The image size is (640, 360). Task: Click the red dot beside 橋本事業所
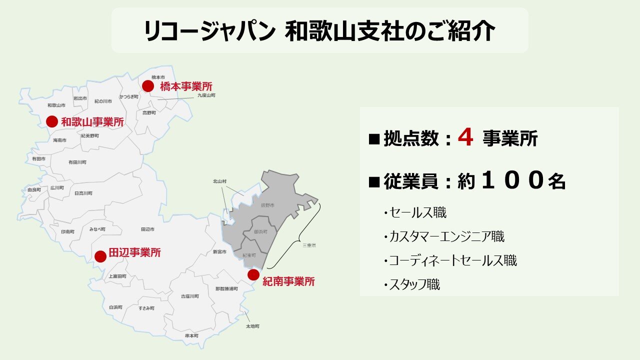[148, 86]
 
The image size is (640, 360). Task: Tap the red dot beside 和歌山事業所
[52, 121]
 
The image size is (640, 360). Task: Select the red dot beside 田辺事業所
[100, 256]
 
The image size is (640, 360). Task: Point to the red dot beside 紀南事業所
[253, 274]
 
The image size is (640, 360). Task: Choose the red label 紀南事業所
[288, 281]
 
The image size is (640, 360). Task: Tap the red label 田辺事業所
[134, 252]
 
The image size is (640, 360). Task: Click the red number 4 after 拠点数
[465, 138]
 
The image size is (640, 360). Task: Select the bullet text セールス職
[418, 213]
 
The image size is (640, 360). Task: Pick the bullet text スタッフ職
[414, 285]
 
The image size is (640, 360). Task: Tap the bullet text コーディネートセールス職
[452, 260]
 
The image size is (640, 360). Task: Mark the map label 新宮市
[219, 251]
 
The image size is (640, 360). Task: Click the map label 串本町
[191, 335]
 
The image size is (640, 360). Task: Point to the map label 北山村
[219, 181]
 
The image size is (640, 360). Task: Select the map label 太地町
[252, 326]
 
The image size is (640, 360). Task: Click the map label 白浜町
[115, 307]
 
